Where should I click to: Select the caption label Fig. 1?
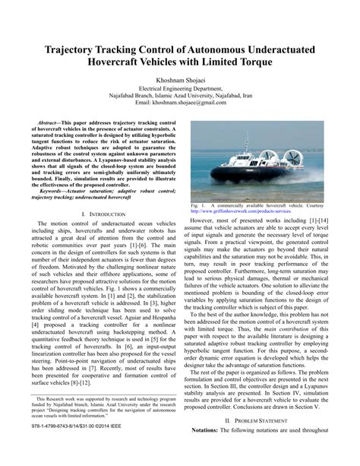coord(198,205)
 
